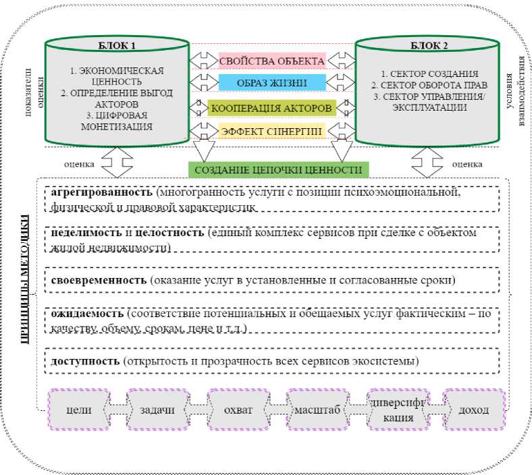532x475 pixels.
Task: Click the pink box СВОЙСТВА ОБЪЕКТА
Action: (271, 61)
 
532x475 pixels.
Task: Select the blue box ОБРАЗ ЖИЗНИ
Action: (271, 83)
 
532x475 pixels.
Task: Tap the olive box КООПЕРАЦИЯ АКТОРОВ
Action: (271, 108)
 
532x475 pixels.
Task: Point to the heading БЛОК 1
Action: (117, 46)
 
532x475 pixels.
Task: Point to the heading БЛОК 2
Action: (426, 46)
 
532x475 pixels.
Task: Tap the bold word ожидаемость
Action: (87, 314)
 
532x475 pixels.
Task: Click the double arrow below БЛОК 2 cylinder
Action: (426, 163)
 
